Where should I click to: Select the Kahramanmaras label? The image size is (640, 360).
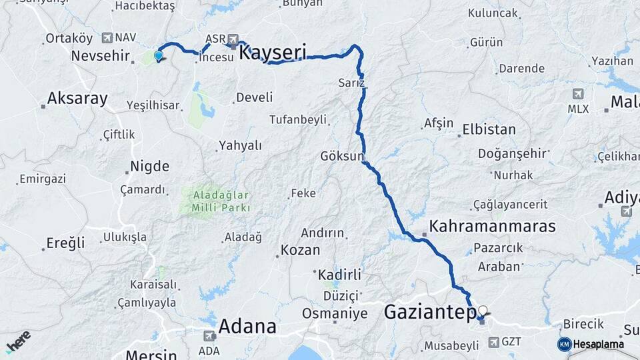(x=492, y=226)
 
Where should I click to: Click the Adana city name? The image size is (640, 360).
(x=247, y=327)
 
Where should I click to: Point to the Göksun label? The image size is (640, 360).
(x=342, y=156)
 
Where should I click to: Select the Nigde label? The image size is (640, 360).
(x=150, y=166)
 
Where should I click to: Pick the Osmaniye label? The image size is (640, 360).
(x=335, y=313)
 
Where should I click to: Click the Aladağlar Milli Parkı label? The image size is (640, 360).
(x=221, y=201)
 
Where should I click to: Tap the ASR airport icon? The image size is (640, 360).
(x=233, y=39)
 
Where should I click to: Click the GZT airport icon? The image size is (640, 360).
(x=493, y=342)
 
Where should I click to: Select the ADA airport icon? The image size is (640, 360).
(x=209, y=335)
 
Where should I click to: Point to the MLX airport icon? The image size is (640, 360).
(x=578, y=94)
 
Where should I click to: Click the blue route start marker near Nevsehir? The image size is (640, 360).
(x=159, y=56)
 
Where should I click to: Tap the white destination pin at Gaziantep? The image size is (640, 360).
(x=483, y=311)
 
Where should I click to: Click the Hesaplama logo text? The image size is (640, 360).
(x=598, y=344)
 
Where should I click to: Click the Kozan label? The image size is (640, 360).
(x=300, y=251)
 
